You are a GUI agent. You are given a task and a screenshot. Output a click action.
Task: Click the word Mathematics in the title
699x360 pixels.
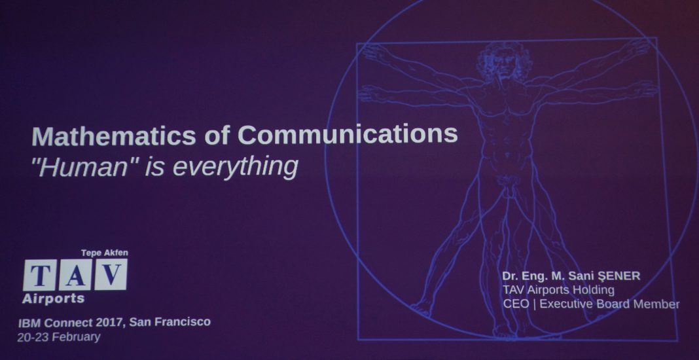(114, 135)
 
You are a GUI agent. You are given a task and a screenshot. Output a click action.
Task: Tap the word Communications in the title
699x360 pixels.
(348, 134)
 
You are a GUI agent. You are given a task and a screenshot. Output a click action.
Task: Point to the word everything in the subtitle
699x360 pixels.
(235, 168)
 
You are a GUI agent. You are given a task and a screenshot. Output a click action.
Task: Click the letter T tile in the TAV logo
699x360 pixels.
(40, 275)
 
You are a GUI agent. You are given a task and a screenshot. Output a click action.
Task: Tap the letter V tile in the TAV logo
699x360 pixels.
(111, 274)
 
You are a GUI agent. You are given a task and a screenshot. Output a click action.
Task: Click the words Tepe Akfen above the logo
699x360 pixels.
(104, 253)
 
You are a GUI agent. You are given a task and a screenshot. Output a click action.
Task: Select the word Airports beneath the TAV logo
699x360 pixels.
(53, 299)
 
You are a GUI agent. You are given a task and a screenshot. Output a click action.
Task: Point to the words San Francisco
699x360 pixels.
(170, 321)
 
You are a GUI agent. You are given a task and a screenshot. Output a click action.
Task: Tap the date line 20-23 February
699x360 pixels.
(59, 337)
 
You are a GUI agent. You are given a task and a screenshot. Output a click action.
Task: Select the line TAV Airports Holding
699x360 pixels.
(558, 290)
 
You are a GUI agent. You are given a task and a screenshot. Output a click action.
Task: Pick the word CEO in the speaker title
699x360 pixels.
(516, 304)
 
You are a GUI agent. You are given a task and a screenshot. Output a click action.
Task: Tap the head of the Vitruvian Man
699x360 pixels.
(505, 62)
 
